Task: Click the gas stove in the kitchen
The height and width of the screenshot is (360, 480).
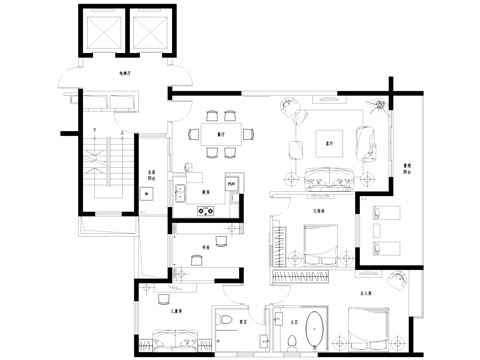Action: click(208, 210)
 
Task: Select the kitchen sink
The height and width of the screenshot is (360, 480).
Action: click(180, 191)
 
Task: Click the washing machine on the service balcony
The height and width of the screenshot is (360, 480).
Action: click(147, 194)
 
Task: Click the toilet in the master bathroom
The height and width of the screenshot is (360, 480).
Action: click(290, 342)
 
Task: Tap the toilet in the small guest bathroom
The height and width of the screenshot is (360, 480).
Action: click(228, 322)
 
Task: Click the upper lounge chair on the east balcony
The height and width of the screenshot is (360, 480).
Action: click(386, 211)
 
